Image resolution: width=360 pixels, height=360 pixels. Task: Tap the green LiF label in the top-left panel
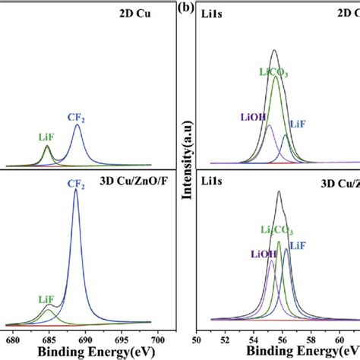pyautogui.click(x=47, y=137)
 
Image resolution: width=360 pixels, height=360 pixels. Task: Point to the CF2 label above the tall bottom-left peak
pyautogui.click(x=76, y=183)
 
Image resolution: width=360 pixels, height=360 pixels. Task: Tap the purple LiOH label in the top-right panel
pyautogui.click(x=254, y=116)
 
